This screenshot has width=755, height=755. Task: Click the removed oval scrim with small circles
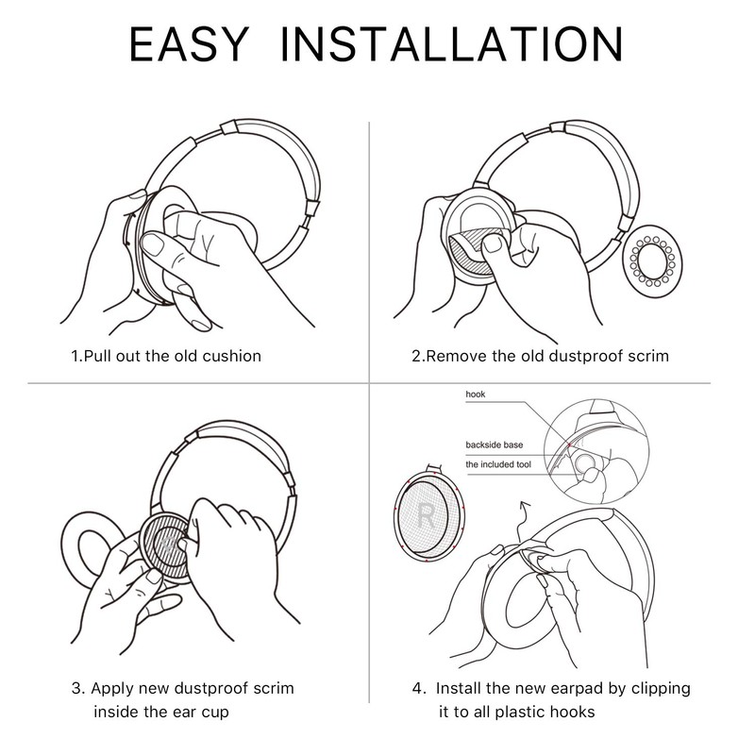pos(653,260)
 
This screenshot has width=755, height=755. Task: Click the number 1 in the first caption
pos(75,357)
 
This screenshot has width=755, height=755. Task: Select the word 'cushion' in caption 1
pos(231,357)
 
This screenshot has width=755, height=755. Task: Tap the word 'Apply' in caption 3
pos(122,688)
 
